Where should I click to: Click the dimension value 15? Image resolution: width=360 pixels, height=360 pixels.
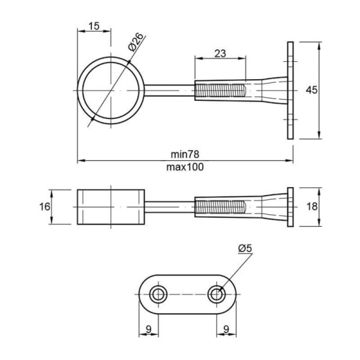click(x=94, y=26)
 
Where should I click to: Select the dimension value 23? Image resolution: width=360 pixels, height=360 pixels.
click(x=220, y=53)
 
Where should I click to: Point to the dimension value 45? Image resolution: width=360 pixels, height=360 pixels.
click(x=311, y=90)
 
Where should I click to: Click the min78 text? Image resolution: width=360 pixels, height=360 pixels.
click(x=185, y=154)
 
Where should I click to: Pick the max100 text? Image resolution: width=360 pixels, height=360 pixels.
click(x=185, y=167)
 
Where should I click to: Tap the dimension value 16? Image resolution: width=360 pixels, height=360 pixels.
click(x=44, y=206)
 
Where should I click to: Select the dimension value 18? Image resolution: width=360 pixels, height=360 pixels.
click(x=312, y=206)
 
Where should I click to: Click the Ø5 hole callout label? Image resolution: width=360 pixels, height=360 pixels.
click(x=245, y=248)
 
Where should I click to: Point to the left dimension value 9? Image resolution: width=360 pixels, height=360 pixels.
click(x=149, y=329)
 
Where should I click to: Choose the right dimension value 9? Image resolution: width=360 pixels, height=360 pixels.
click(x=226, y=329)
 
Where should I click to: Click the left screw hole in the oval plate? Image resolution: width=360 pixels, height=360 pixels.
click(x=158, y=295)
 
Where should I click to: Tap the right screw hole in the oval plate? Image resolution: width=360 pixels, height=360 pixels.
click(x=217, y=295)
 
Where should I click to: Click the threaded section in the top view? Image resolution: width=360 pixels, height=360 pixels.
click(x=220, y=91)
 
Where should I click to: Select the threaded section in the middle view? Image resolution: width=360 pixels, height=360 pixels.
click(x=220, y=206)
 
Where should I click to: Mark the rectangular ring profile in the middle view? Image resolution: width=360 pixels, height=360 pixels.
click(x=111, y=207)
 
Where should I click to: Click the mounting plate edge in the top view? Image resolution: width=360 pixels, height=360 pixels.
click(x=290, y=91)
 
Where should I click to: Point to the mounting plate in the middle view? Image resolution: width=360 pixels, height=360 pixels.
click(x=290, y=207)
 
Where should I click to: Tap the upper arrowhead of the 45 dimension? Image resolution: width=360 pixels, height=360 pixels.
click(x=319, y=46)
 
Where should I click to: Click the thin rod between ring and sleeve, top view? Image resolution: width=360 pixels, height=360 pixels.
click(x=170, y=91)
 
